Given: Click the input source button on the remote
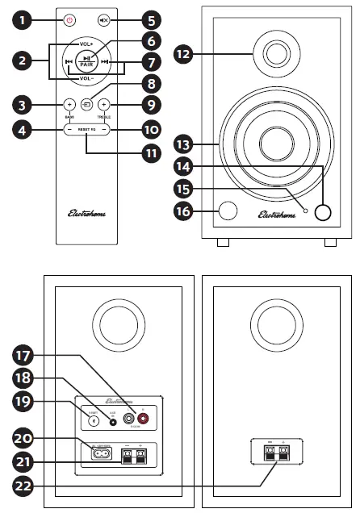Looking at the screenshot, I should tap(87, 104).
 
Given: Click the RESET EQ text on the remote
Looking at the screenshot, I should tap(87, 129).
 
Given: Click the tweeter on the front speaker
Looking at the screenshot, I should tap(276, 55).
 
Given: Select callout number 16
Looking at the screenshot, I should tap(184, 211).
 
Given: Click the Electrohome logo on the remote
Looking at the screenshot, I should tap(86, 214).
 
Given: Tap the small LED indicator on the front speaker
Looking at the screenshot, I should tap(306, 210).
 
